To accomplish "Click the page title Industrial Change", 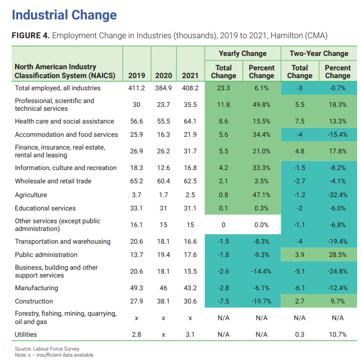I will click(64, 15).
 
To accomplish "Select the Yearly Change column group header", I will click(243, 54).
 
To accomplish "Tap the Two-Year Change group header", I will click(319, 54).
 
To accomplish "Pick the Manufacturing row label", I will click(37, 288).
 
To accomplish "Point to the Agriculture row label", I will click(31, 195).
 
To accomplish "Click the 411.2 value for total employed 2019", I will click(136, 88).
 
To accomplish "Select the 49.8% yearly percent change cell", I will click(261, 105).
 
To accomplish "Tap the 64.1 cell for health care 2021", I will click(190, 121).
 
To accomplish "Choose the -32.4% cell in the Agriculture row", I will click(337, 195).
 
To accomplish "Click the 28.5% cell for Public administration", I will click(338, 255).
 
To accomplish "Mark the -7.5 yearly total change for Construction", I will click(223, 301).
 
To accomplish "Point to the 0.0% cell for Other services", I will click(261, 225).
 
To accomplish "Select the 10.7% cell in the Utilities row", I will click(338, 335).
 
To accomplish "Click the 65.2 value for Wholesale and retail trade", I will click(136, 181).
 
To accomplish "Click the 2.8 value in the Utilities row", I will click(136, 335).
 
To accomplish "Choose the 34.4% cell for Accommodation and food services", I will click(261, 135).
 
